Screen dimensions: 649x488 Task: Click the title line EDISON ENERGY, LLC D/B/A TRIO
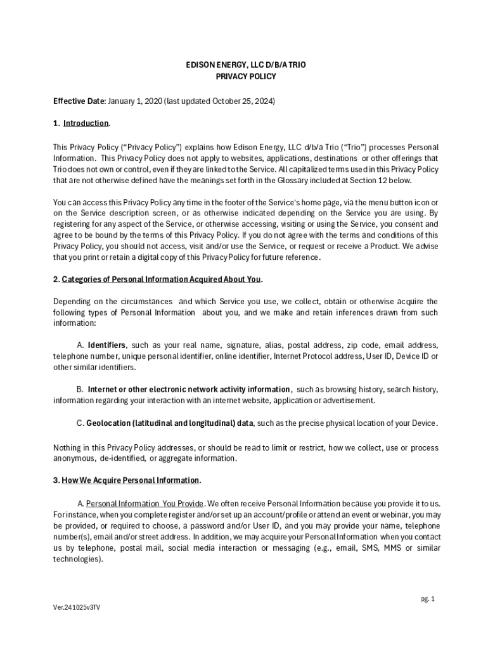coord(244,65)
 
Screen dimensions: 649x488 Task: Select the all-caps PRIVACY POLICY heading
coord(244,77)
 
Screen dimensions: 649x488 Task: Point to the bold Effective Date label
coord(79,101)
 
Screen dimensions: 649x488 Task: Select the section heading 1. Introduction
coord(82,123)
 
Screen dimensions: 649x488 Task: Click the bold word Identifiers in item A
coord(107,345)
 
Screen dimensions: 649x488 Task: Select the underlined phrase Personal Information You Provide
coord(145,503)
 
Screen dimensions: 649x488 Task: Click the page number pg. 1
coord(428,598)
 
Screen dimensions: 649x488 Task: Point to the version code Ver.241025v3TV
coord(77,607)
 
